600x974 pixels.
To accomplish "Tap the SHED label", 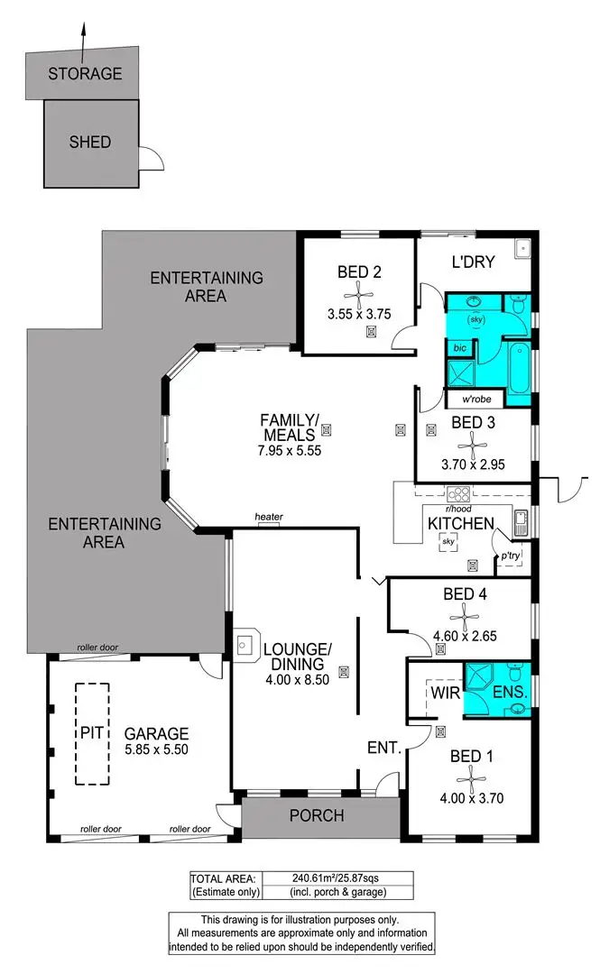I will (90, 142).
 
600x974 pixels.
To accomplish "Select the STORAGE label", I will (85, 74).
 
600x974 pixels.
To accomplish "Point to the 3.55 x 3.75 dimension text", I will (359, 316).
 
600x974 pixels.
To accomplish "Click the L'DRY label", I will (473, 262).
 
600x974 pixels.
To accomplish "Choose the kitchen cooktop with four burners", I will (459, 494).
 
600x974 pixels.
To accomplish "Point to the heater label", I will (269, 517).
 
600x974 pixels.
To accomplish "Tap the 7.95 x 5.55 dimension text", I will (291, 450).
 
